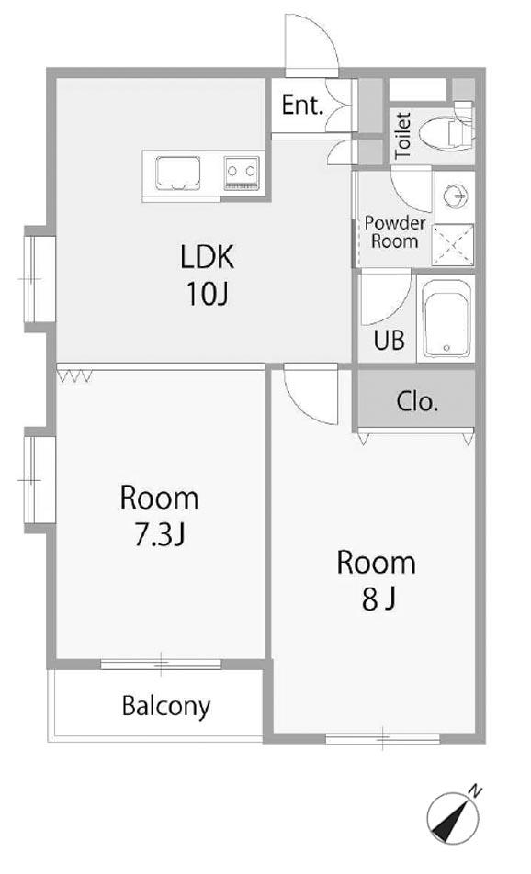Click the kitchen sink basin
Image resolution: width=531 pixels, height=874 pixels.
tap(178, 173)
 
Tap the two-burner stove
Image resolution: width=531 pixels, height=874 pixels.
tap(243, 174)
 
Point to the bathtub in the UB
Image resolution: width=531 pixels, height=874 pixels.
tap(446, 319)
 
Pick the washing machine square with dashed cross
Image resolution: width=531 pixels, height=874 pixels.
tap(454, 245)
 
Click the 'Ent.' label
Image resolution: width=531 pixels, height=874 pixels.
tap(302, 105)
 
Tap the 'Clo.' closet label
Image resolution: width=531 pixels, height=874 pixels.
tap(417, 401)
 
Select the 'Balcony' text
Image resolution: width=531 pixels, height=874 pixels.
tap(166, 707)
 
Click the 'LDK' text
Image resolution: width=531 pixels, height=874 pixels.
tap(207, 257)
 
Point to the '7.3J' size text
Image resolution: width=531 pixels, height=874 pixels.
tap(160, 534)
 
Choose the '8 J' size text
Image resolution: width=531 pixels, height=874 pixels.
tap(378, 599)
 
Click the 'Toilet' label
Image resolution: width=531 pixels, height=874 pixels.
tap(402, 136)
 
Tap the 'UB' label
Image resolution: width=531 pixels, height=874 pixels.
tap(389, 340)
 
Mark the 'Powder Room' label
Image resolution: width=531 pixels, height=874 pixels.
tap(395, 232)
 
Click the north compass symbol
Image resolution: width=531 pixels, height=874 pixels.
tap(453, 819)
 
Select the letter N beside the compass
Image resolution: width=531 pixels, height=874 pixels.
tap(475, 790)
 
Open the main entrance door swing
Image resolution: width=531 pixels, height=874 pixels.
tap(311, 45)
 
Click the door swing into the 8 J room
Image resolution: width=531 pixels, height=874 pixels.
tap(311, 394)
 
